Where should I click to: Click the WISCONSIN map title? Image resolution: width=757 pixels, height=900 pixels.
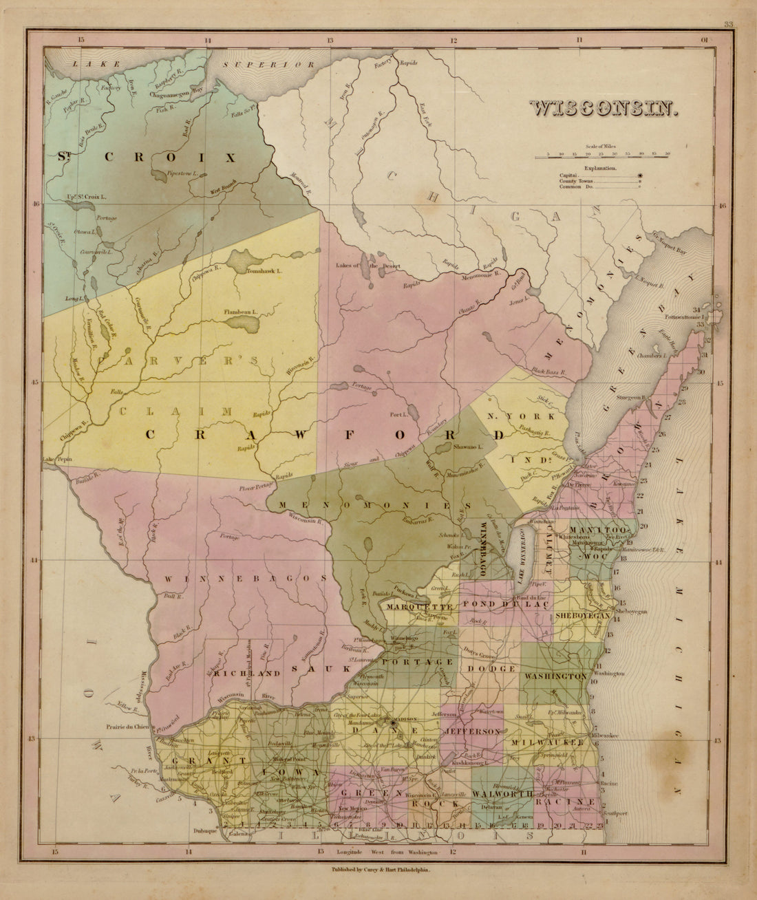(603, 109)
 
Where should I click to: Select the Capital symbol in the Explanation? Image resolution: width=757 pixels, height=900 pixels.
(641, 176)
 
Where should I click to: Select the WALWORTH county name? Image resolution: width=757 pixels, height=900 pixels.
(503, 793)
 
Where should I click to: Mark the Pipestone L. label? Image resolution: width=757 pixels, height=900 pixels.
(182, 175)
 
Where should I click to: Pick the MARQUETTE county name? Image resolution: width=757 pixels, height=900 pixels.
(419, 607)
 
